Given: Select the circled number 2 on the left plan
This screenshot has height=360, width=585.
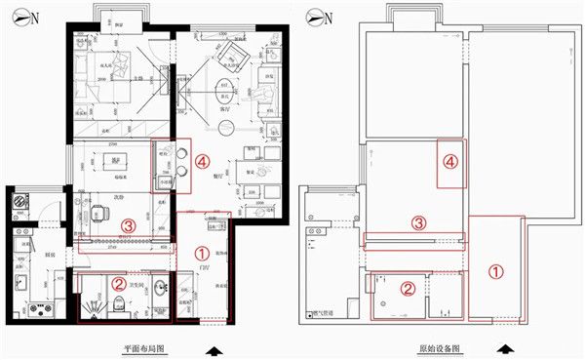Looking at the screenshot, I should [117, 284].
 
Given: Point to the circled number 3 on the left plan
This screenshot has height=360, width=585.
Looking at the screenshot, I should [128, 224].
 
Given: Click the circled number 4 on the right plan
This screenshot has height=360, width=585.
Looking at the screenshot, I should [450, 164].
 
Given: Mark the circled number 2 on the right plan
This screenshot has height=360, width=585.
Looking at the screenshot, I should [410, 288].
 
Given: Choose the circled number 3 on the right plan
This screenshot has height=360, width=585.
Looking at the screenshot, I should [417, 222].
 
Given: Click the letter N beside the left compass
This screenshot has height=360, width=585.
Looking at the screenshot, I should [35, 18].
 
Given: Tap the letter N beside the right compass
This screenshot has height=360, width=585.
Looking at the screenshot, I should [334, 18].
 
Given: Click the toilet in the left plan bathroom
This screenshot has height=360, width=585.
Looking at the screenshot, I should [116, 307].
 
